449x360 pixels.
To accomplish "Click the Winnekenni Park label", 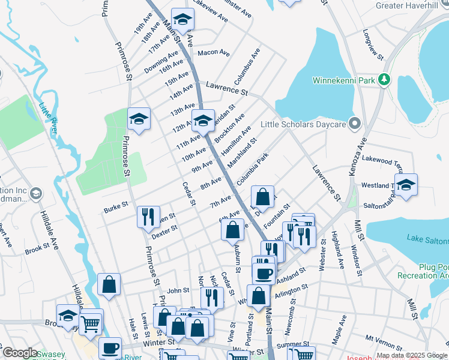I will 343,80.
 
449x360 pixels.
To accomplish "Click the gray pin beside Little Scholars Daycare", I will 355,124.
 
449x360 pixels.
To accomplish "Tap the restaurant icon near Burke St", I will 148,217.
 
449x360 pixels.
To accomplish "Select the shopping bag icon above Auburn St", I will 232,230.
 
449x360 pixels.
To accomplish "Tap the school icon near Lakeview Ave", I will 182,19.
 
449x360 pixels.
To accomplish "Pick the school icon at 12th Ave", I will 203,120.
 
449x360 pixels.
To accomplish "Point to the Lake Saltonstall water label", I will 427,239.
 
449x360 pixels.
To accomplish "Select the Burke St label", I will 116,205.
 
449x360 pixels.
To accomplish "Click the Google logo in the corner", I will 20,353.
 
